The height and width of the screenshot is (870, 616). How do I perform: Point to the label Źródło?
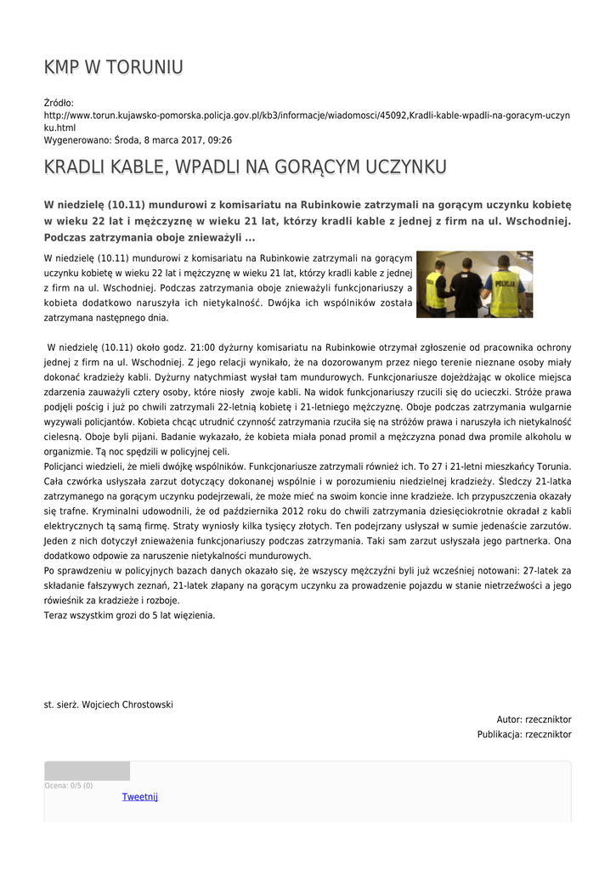coord(59,104)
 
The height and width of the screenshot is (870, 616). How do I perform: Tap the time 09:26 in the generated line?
coord(219,140)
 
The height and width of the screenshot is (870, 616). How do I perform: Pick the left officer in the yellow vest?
coord(434,289)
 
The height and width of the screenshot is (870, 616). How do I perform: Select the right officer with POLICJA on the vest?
coord(505,287)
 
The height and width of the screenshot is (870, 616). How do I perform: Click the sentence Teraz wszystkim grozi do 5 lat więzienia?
coord(129,615)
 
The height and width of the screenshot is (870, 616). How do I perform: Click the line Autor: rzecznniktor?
coord(534,720)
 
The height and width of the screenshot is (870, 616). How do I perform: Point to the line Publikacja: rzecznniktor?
coord(524,735)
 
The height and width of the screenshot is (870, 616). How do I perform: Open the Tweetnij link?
coord(139,797)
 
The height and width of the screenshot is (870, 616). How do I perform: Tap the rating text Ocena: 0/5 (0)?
coord(69,786)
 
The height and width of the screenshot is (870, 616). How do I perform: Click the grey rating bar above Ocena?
coord(87,771)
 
